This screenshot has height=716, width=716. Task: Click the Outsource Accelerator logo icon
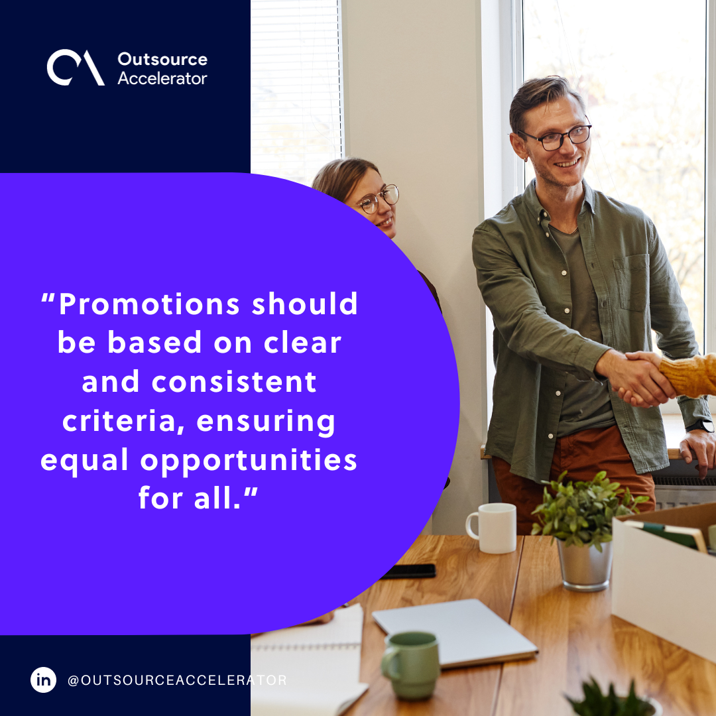[x=75, y=68]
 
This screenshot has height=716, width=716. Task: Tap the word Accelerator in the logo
[x=162, y=78]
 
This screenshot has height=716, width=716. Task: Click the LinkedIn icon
[x=44, y=680]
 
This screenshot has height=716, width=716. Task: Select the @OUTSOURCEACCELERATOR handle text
[x=177, y=680]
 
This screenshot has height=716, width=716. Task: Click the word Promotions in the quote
[x=149, y=304]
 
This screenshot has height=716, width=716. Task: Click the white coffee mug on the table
[x=493, y=528]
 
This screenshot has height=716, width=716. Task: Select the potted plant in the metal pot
[x=582, y=530]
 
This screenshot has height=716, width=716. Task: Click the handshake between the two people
[x=640, y=378]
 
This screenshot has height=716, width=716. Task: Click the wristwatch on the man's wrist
[x=701, y=426]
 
